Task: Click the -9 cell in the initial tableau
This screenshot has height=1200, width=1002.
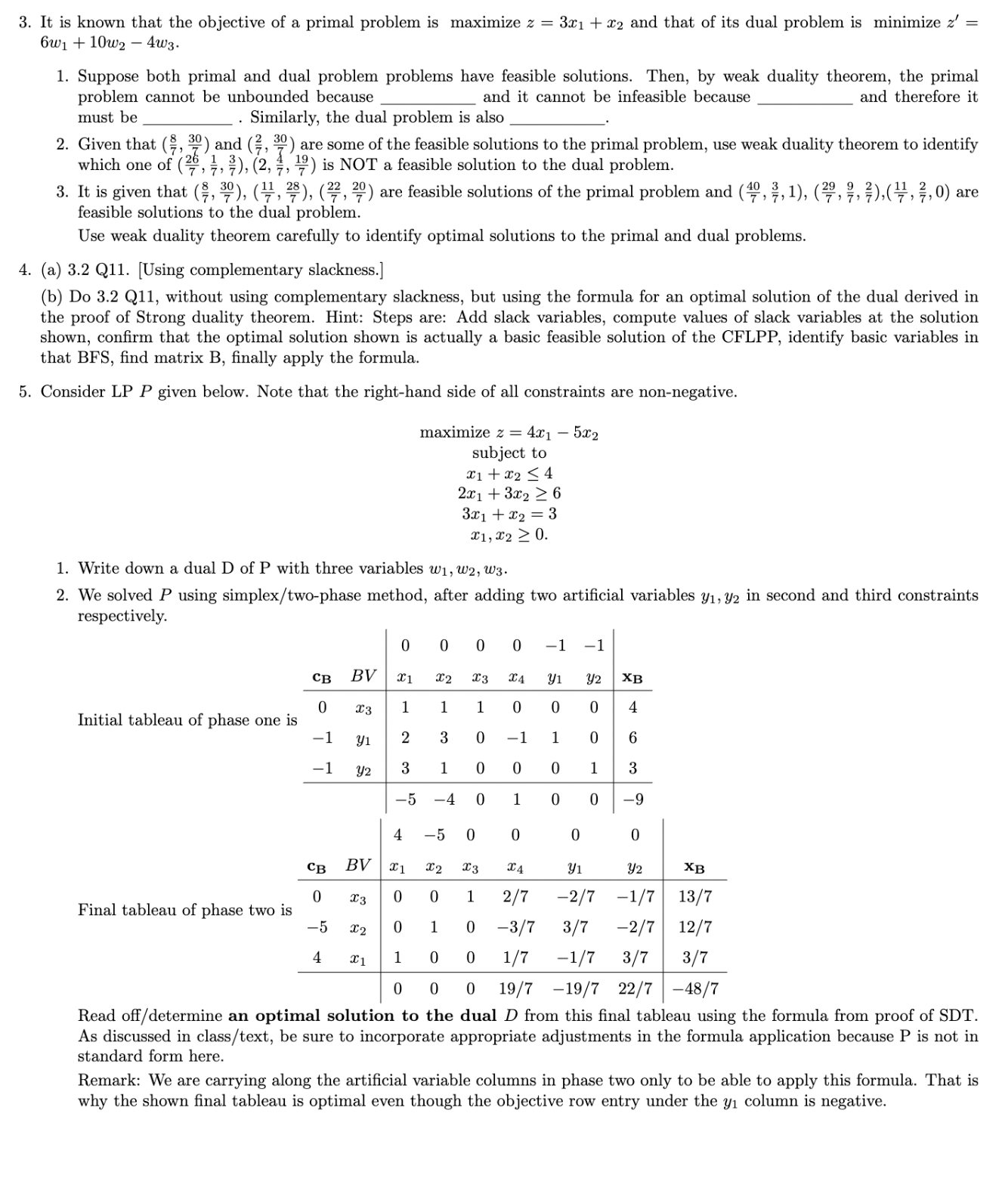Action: [633, 799]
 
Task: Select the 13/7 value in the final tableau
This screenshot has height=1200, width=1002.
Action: [694, 897]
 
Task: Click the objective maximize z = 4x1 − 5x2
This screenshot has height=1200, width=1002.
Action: [509, 433]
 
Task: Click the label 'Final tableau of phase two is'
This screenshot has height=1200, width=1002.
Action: [184, 910]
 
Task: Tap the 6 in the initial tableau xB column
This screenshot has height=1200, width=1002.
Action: [633, 738]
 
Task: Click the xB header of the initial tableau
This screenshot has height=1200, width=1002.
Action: [632, 678]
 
